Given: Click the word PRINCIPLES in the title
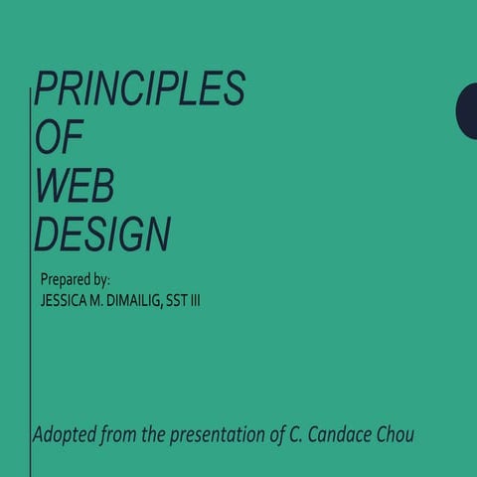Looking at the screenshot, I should point(139,89).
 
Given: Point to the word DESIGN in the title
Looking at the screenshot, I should point(101,235).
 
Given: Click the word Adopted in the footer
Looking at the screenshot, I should point(62,435).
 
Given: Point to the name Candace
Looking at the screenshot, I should point(352,435).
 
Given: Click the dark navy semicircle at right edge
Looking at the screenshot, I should point(468,109).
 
